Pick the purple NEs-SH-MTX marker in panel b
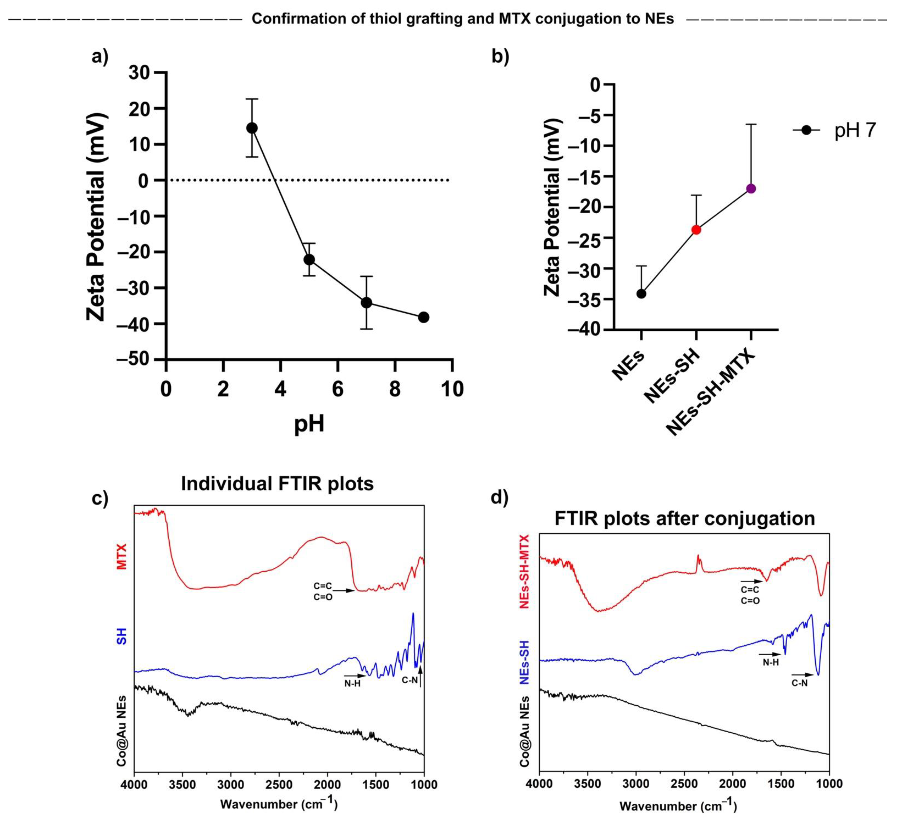[x=751, y=188]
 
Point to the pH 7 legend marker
[x=806, y=130]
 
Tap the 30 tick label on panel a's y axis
[x=140, y=73]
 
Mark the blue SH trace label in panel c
[x=122, y=636]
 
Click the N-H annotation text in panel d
[x=770, y=662]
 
